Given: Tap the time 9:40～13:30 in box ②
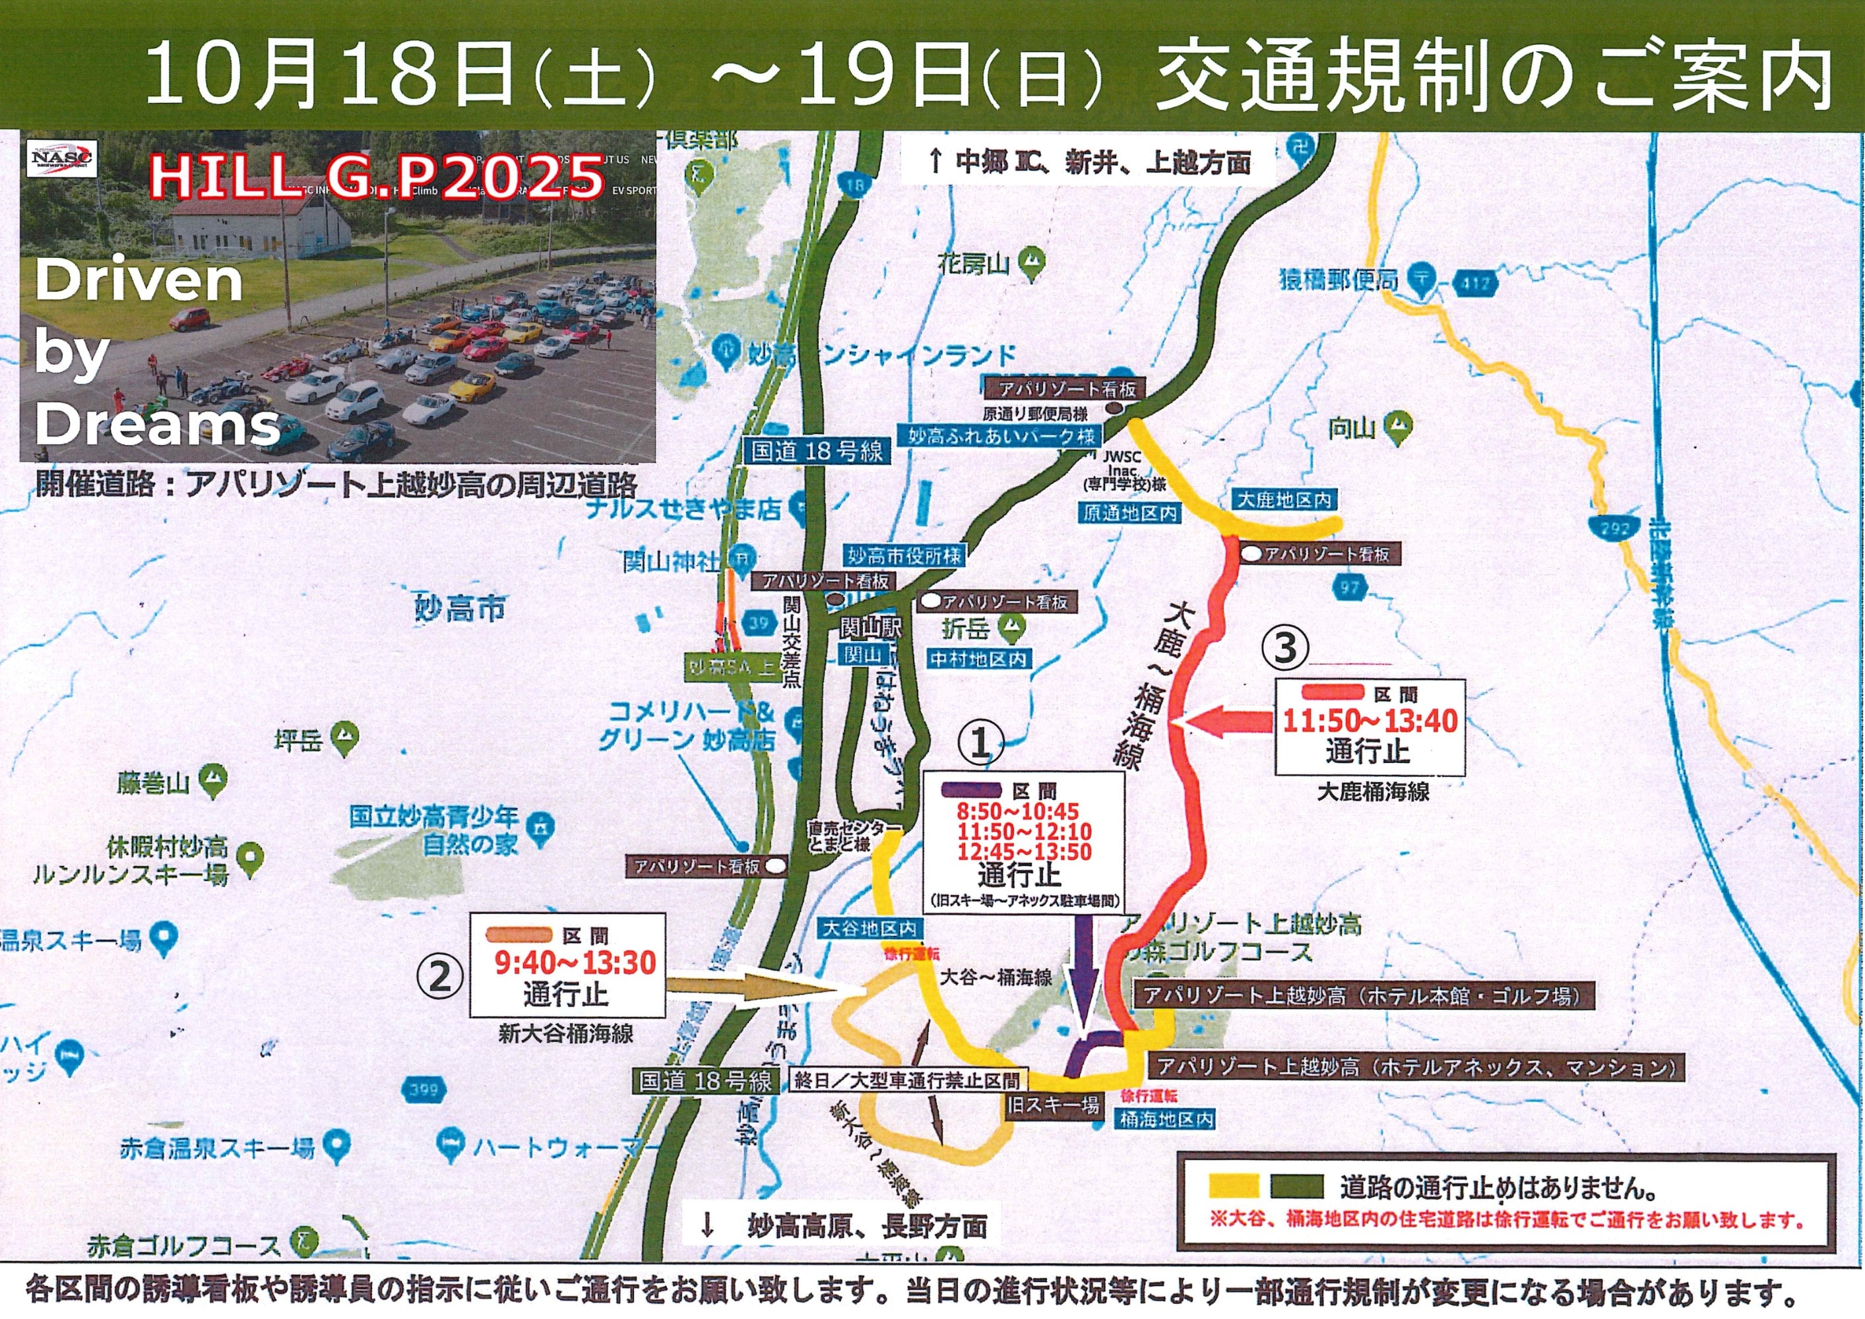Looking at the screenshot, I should (576, 964).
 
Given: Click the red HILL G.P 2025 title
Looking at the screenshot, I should (377, 178).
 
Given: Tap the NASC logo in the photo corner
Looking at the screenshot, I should (62, 158).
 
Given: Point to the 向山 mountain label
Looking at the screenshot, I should (1352, 428).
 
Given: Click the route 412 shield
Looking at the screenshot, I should (1476, 284).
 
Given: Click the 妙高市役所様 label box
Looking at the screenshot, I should (904, 557).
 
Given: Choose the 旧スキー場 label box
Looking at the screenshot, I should (1054, 1105).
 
